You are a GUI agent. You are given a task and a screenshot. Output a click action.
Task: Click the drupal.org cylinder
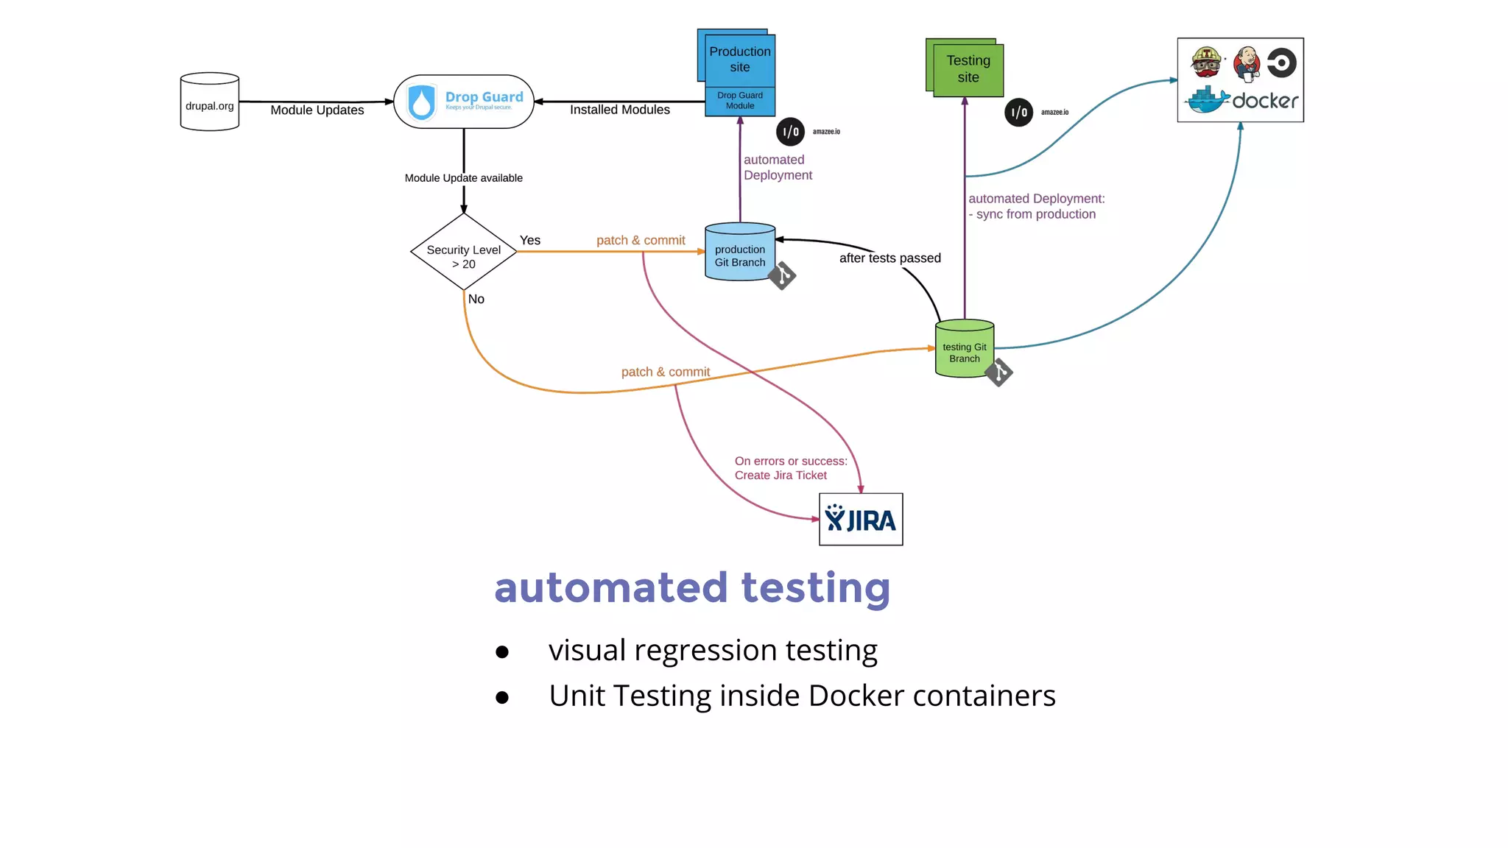click(209, 102)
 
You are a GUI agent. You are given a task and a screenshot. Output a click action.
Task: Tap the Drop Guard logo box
click(463, 102)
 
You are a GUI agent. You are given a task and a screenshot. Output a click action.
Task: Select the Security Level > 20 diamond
click(463, 252)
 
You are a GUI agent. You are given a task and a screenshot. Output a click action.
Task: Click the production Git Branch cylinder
click(739, 252)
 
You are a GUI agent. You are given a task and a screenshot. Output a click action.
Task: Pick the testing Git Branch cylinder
click(964, 350)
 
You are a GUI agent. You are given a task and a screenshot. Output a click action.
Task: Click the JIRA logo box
click(860, 520)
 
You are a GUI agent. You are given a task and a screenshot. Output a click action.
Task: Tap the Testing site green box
click(968, 69)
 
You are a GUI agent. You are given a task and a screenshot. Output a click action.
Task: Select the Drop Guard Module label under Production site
click(739, 101)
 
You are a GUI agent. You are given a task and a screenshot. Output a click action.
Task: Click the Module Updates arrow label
click(317, 110)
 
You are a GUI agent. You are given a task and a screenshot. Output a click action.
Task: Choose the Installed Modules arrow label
click(619, 110)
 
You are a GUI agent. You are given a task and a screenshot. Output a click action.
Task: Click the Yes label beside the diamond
click(529, 241)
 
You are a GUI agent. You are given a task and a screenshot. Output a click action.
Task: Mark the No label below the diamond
click(476, 299)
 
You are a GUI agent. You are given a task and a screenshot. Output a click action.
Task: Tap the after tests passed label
click(889, 258)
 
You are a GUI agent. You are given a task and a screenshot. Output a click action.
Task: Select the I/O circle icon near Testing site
click(1018, 113)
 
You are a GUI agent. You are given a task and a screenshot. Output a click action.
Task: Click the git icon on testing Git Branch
click(998, 372)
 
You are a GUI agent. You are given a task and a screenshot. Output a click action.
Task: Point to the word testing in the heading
click(815, 588)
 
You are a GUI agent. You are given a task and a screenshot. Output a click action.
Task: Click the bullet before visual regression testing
click(502, 652)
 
